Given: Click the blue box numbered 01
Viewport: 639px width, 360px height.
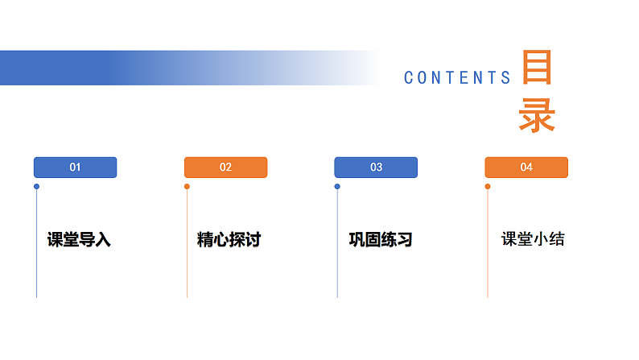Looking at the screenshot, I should [x=75, y=168].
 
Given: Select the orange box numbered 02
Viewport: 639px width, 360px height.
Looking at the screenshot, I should [x=225, y=168].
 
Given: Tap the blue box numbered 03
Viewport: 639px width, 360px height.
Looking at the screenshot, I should [x=376, y=168].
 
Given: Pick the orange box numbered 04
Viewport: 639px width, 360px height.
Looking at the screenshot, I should [x=526, y=168].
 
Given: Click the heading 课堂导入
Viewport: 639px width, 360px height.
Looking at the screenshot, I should [x=79, y=240].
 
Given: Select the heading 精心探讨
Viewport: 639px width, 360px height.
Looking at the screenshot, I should [x=229, y=240].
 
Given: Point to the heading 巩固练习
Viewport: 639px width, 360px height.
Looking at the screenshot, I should [x=380, y=240].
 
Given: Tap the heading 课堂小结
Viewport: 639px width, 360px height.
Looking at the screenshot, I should [x=533, y=239].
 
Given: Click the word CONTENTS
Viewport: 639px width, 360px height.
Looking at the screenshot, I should [x=457, y=78].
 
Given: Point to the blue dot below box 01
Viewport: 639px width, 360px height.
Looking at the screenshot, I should [x=36, y=187].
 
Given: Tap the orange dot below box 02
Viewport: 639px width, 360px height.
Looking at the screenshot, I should [x=187, y=187].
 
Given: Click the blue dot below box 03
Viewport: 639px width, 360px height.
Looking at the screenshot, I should [x=337, y=187].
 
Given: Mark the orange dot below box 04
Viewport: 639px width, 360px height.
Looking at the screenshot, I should [x=488, y=187].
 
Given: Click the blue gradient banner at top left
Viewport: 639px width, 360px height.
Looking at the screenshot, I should [x=121, y=68].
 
